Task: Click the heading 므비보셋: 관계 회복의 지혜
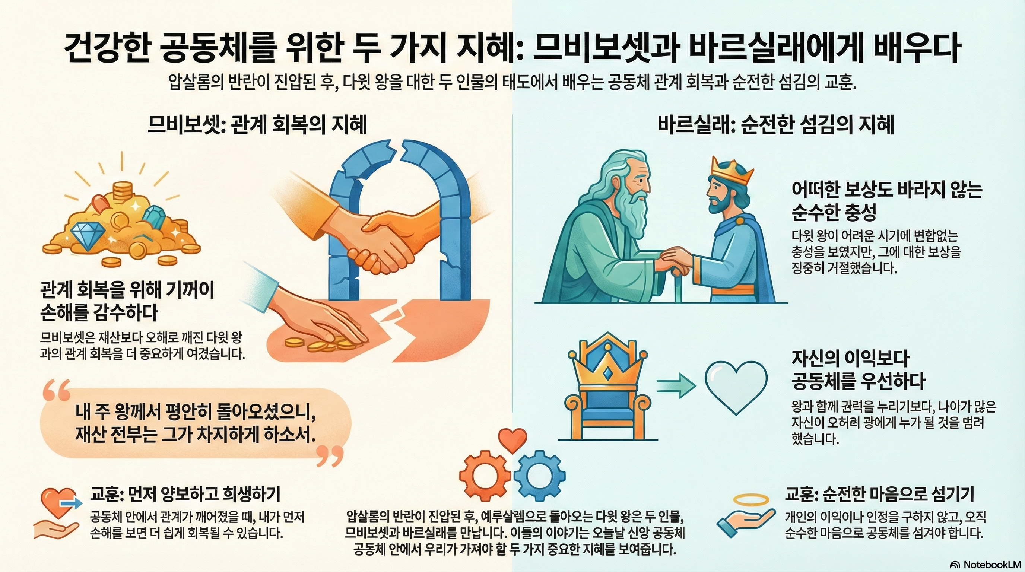pos(257,125)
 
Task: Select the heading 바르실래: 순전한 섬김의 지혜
pos(776,125)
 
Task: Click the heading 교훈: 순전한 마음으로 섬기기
pos(879,495)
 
